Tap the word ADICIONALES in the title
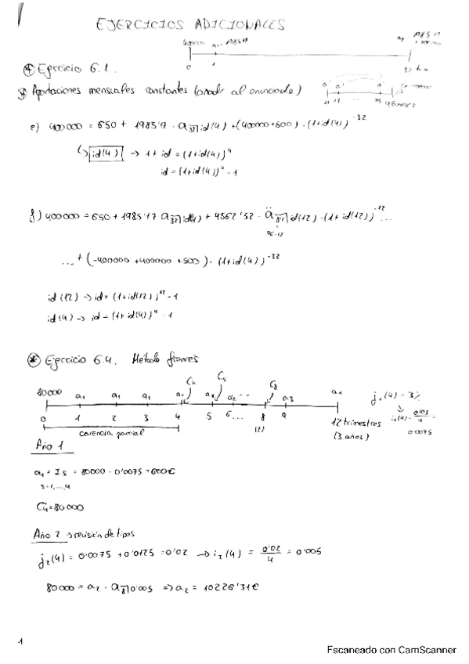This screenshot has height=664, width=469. [239, 25]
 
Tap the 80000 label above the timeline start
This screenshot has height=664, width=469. [49, 391]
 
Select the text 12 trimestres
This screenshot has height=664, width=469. [357, 423]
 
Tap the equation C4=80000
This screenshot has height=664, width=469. [60, 507]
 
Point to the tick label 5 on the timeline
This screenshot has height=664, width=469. [209, 416]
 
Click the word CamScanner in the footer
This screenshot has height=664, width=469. [427, 649]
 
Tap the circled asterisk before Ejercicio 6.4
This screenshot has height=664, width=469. [33, 359]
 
